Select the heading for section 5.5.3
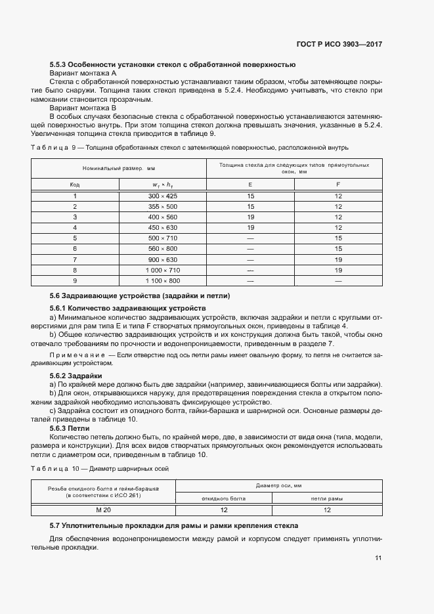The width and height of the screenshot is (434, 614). (173, 64)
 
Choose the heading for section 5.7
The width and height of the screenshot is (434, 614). (174, 526)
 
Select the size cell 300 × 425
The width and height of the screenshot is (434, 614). (162, 196)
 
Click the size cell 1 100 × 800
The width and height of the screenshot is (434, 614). (162, 280)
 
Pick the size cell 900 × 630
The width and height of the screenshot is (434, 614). (162, 259)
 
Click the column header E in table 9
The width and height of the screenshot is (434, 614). (250, 185)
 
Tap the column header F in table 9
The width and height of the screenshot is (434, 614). (338, 185)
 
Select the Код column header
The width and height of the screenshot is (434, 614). (75, 185)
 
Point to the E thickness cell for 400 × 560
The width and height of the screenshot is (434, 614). (250, 217)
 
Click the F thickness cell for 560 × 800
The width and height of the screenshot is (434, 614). (338, 249)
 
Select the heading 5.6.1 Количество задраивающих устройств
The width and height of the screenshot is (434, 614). (128, 308)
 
